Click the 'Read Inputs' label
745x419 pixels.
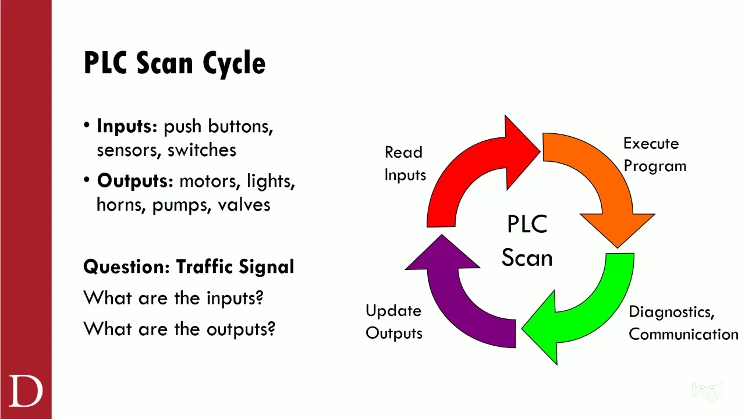(x=405, y=164)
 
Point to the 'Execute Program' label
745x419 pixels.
(x=654, y=155)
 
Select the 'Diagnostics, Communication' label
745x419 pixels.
(x=683, y=323)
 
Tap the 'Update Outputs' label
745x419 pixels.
(x=394, y=322)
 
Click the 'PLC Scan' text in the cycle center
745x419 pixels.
(x=527, y=241)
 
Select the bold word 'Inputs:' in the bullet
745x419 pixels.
(x=127, y=126)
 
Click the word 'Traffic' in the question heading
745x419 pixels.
(x=205, y=267)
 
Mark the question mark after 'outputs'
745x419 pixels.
(x=271, y=329)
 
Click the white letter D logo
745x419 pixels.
(x=26, y=391)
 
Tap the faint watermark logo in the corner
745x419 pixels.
(x=707, y=390)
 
